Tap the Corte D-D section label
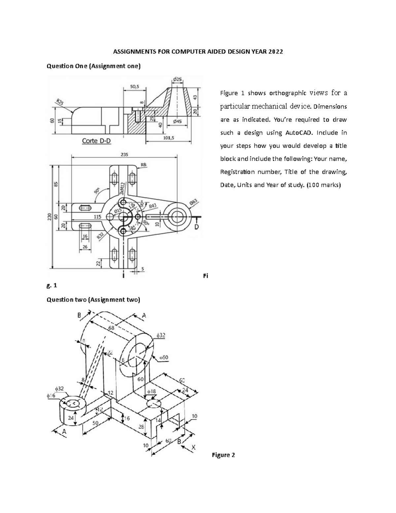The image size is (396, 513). coord(96,141)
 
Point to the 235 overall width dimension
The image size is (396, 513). coord(124,154)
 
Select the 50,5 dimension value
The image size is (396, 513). coord(134,87)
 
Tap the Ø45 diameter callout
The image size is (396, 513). coord(178,121)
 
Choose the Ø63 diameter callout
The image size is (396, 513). coord(194,202)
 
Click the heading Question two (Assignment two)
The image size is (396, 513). coord(93,300)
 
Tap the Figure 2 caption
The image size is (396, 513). coord(223,455)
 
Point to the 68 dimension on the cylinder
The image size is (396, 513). coord(112,328)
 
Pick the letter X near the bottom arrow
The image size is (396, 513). coord(194,447)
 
